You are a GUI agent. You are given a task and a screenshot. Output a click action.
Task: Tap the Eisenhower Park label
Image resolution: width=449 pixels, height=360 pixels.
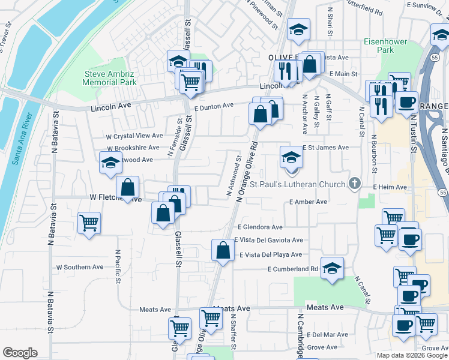click(385, 46)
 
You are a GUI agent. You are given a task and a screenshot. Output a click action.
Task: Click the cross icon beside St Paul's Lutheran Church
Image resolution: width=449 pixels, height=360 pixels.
click(355, 184)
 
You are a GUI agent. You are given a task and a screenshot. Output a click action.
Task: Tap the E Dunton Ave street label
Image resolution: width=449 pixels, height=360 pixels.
click(214, 106)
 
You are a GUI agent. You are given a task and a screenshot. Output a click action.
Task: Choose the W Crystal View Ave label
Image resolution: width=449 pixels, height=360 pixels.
click(134, 136)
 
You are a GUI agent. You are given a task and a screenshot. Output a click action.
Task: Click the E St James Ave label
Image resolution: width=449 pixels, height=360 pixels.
click(325, 147)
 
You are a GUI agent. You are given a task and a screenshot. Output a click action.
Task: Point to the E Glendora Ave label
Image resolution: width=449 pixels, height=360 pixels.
click(260, 227)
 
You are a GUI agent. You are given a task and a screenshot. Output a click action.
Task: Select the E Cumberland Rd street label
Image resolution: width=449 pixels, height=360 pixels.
click(292, 269)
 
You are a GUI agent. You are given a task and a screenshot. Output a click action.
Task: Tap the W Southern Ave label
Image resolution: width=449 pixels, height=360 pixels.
click(80, 267)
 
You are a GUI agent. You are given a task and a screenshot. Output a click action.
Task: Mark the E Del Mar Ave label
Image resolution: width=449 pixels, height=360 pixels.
click(327, 334)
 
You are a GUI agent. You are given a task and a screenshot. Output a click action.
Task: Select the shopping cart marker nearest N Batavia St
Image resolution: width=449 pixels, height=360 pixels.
click(89, 223)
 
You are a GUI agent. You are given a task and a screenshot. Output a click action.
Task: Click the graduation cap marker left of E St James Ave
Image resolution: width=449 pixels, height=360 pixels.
click(291, 157)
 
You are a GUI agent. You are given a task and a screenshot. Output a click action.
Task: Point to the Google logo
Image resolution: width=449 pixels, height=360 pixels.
click(20, 353)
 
